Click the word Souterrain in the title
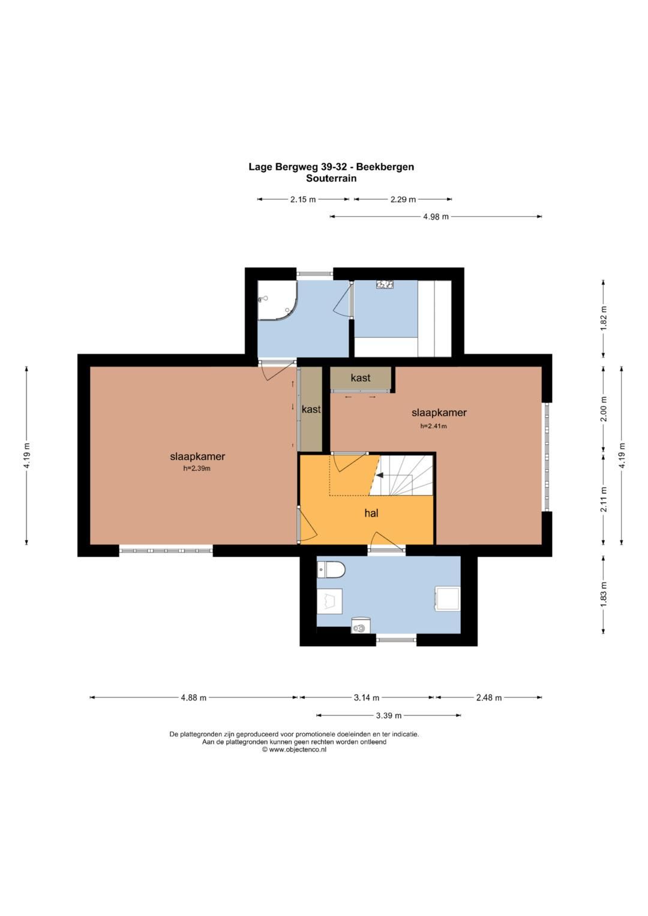coord(331,178)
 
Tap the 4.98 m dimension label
coord(436,217)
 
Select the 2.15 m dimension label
coord(303,200)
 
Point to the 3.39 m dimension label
coord(389,716)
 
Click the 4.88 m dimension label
coord(193,698)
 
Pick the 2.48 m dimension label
coord(488,698)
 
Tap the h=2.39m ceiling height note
coord(197,468)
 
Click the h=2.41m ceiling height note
coord(433,426)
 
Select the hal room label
coord(371,513)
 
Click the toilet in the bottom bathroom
coord(331,569)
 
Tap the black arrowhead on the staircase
coord(380,475)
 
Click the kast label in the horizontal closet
coord(361,378)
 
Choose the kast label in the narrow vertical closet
coord(311,409)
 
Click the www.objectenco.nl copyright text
coord(294,750)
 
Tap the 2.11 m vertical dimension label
coord(604,499)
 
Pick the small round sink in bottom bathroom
coord(360,626)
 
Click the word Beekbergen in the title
coord(385,167)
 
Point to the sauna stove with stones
coord(385,284)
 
